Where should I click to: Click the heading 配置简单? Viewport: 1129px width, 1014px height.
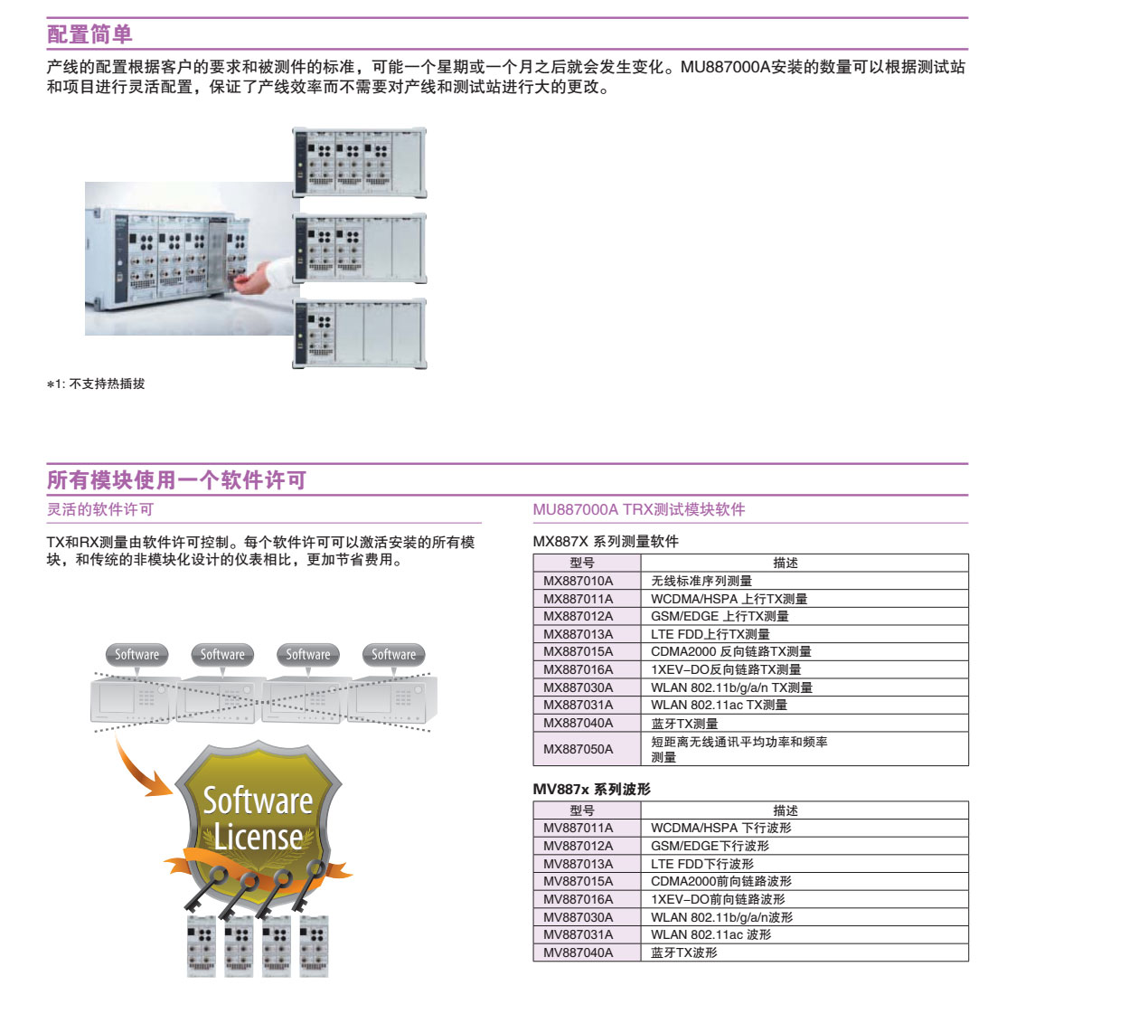pos(89,34)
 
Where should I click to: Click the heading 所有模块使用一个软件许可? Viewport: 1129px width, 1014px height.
pos(176,480)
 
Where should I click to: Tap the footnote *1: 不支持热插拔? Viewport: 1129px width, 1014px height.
pos(96,384)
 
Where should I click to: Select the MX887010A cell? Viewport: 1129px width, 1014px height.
pos(578,581)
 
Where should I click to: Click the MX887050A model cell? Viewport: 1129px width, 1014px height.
pos(578,749)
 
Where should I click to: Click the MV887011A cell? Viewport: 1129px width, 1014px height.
pos(578,828)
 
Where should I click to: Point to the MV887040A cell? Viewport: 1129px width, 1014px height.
pos(578,952)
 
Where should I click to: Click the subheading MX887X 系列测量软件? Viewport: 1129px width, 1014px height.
pos(606,541)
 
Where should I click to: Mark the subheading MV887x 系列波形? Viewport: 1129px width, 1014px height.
pos(591,789)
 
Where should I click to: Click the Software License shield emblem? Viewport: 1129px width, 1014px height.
pos(258,819)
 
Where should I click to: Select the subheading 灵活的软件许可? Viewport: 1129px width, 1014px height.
pos(100,509)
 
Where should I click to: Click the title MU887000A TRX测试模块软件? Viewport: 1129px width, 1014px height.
pos(639,509)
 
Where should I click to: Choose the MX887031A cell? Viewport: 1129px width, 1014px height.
pos(578,705)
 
